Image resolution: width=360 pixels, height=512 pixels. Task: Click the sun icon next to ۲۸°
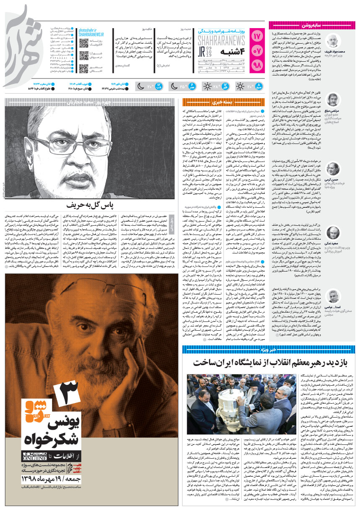coord(206,87)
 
